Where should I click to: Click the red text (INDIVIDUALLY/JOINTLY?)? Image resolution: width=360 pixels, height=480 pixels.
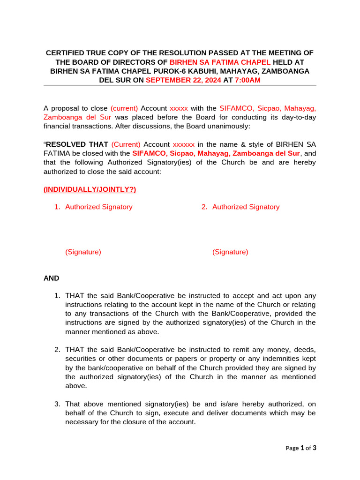tap(90, 189)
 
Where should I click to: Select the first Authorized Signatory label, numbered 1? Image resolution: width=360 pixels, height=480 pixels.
tap(98, 207)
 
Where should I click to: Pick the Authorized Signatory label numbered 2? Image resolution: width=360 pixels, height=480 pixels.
tap(246, 207)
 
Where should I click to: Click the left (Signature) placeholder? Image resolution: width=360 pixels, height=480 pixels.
tap(83, 252)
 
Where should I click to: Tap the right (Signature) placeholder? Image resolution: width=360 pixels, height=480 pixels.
tap(230, 252)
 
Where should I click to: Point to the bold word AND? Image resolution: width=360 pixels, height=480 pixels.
tap(52, 278)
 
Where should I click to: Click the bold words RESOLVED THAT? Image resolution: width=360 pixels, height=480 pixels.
tap(77, 144)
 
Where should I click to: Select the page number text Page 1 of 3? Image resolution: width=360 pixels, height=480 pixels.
tap(301, 448)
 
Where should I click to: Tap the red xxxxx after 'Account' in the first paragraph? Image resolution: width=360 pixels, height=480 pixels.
tap(179, 108)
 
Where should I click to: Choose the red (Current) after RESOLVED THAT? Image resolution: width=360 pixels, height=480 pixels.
tap(126, 144)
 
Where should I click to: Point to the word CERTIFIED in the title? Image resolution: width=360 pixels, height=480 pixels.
tap(66, 52)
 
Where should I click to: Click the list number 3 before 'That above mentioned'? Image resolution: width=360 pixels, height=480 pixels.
tap(57, 404)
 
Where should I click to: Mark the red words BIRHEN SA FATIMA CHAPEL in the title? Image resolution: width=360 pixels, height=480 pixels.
tap(220, 62)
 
